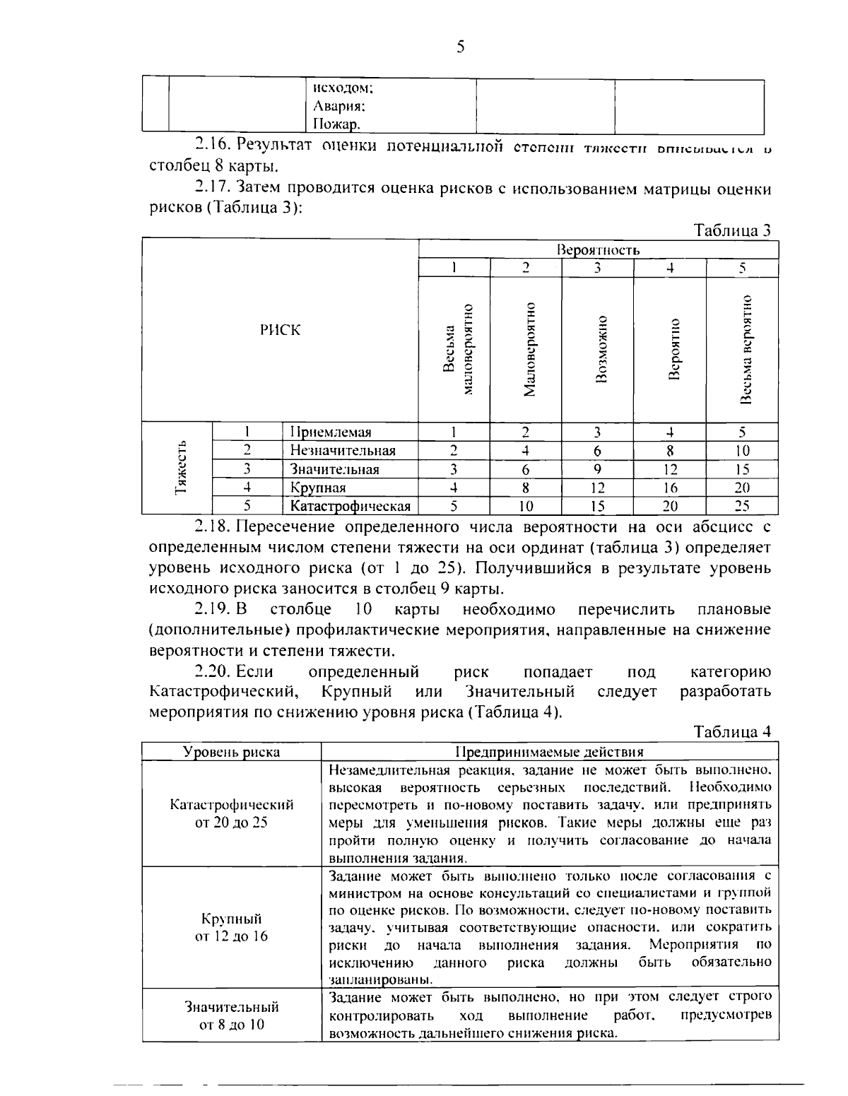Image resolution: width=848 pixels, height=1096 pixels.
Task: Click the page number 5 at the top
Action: [x=460, y=47]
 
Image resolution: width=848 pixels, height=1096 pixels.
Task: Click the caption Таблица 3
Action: [x=732, y=230]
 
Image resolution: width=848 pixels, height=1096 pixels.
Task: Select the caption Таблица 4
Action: [x=732, y=732]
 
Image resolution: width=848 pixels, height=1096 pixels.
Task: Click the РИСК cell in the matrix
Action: [x=280, y=330]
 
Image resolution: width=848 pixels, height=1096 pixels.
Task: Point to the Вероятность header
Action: [x=598, y=250]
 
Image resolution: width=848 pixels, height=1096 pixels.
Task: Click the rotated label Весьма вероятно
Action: [x=744, y=349]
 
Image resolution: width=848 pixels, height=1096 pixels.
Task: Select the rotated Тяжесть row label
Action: [x=180, y=467]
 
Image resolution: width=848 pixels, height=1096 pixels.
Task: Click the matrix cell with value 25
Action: [x=741, y=506]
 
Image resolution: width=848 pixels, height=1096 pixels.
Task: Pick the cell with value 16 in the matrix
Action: [x=670, y=488]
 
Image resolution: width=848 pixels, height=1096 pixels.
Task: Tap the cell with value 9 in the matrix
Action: [x=597, y=469]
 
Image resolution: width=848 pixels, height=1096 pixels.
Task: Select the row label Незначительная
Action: [x=343, y=451]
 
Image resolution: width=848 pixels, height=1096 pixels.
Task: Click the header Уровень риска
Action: [x=231, y=752]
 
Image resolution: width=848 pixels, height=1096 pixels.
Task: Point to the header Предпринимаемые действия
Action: [x=549, y=752]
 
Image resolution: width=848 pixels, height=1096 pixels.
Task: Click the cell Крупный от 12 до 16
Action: [x=231, y=928]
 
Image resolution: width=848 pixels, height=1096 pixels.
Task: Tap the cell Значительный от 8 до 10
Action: [x=231, y=1015]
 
